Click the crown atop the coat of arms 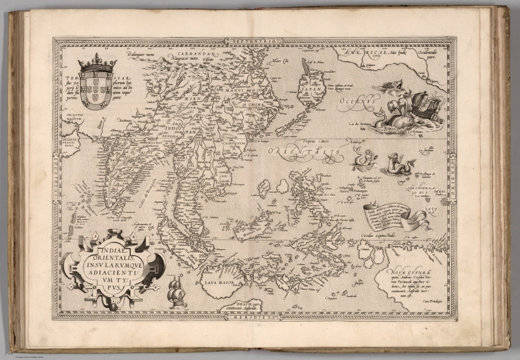pyautogui.click(x=97, y=62)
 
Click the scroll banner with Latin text pyautogui.click(x=393, y=213)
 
